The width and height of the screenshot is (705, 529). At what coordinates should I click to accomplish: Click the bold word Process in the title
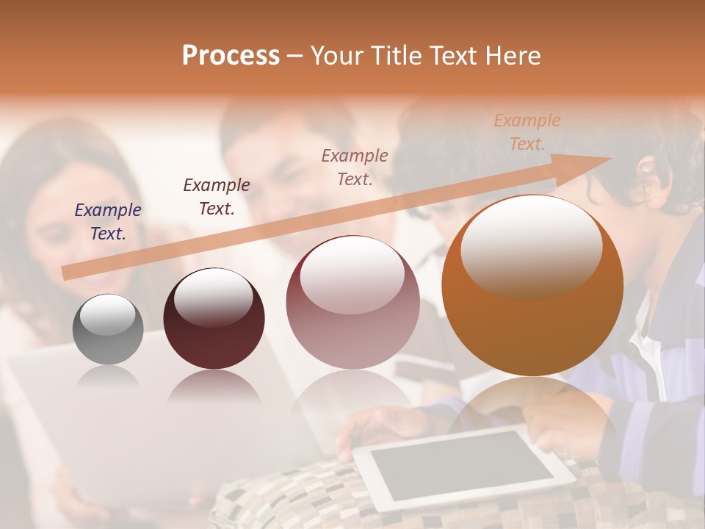(231, 56)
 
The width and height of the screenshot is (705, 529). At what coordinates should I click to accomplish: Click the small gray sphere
(108, 329)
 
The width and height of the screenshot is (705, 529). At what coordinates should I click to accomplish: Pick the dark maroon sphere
(214, 320)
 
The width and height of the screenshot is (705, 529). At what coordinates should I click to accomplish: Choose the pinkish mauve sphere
(352, 303)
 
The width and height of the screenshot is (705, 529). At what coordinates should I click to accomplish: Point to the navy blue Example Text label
(108, 221)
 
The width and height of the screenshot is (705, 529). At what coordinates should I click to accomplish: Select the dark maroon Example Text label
(217, 197)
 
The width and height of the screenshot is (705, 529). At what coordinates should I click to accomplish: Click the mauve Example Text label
(355, 167)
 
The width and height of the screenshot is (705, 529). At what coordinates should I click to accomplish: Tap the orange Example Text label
(527, 132)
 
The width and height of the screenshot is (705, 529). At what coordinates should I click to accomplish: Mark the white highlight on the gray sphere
(107, 315)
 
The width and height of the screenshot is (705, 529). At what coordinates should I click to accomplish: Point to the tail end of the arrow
(68, 273)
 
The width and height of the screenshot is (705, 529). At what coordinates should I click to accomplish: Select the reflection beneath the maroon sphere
(214, 386)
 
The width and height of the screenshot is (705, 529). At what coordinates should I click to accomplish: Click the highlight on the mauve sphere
(352, 275)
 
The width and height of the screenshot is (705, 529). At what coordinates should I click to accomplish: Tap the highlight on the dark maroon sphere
(213, 298)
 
